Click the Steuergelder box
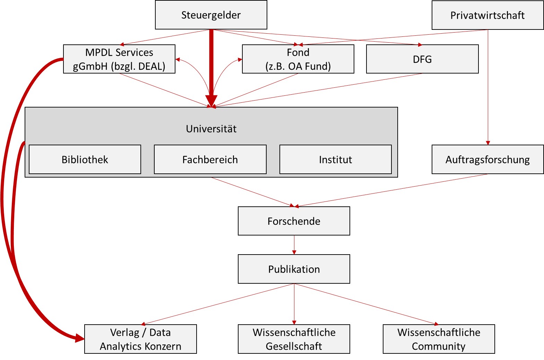211,15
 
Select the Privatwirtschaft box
487,15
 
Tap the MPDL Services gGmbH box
119,59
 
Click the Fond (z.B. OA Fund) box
298,59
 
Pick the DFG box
422,59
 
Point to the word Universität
211,129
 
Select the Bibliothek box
85,160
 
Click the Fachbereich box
210,160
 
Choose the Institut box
335,160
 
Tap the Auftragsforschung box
487,160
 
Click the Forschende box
294,221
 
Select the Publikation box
294,269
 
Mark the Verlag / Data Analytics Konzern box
140,339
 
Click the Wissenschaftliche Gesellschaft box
294,339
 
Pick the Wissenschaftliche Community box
439,339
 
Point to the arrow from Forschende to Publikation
294,245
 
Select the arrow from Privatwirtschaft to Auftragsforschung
488,87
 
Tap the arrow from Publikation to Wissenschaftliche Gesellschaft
294,303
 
